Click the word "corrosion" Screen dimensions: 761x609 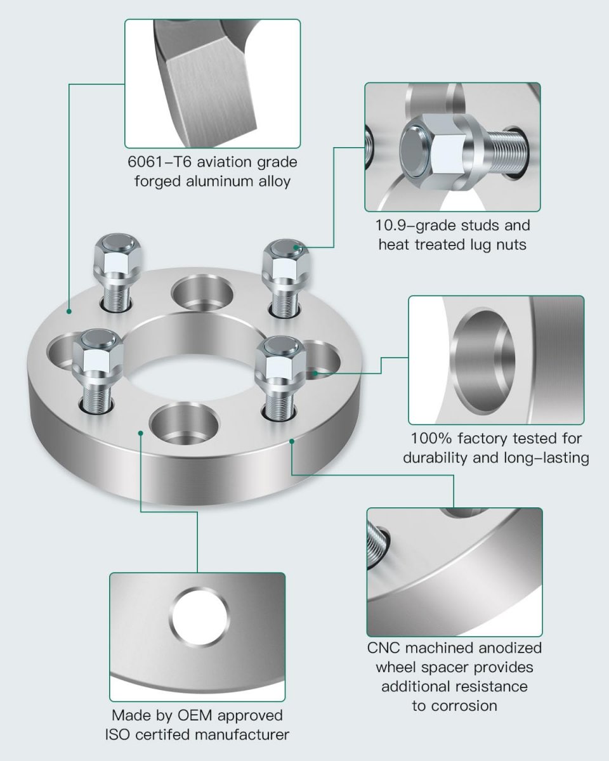tap(454, 705)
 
